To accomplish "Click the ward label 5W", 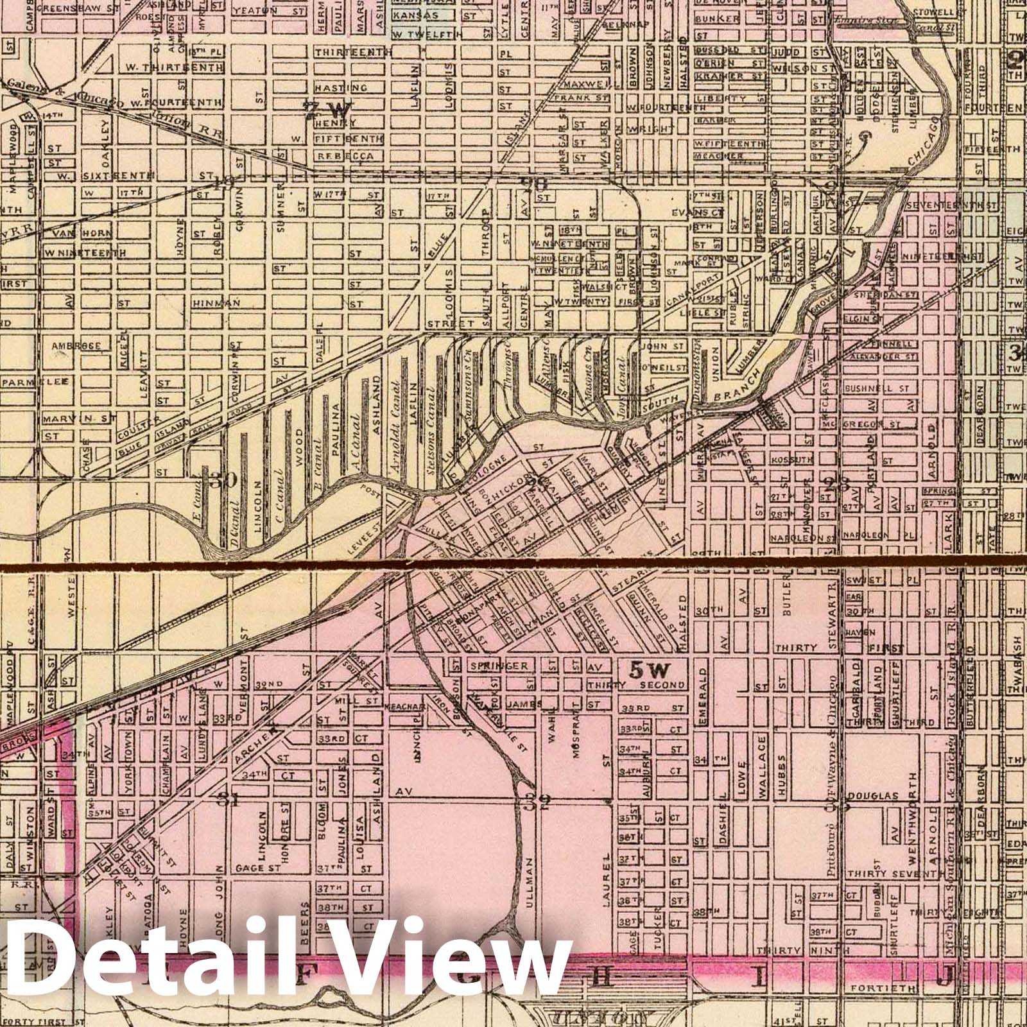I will point(650,671).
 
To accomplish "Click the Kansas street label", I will point(415,15).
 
